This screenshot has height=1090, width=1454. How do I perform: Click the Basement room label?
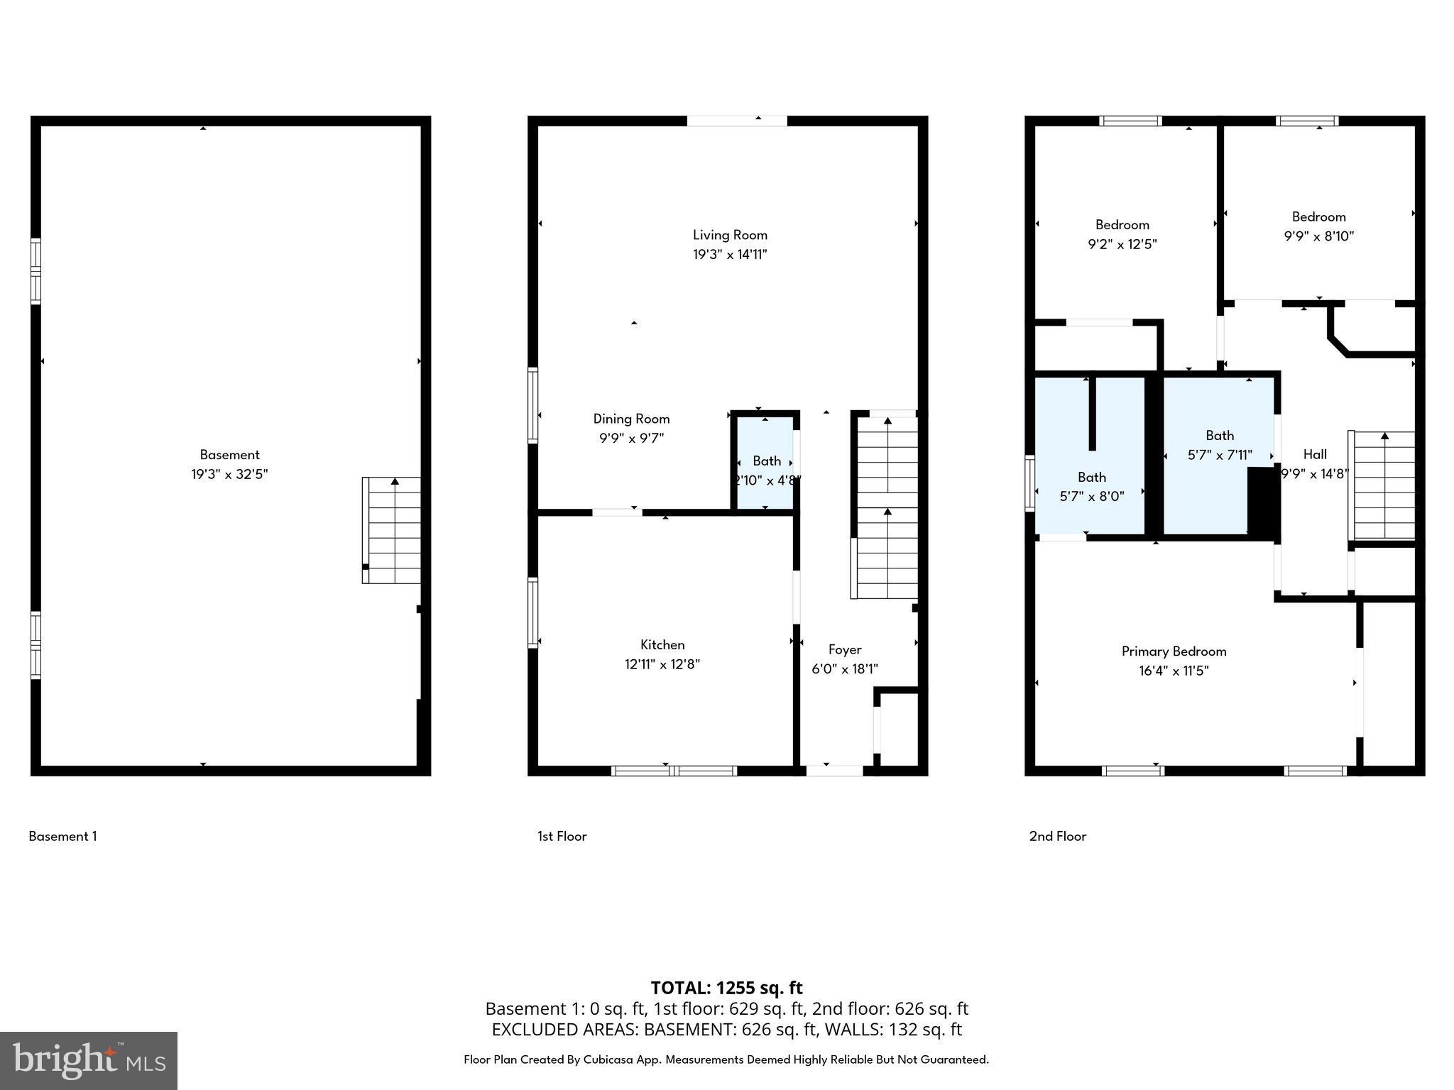click(x=229, y=455)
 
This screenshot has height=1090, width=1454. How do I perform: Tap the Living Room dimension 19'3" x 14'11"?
click(x=730, y=255)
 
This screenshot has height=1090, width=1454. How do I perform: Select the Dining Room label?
click(x=631, y=419)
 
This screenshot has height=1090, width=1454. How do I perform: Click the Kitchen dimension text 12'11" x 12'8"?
click(x=662, y=665)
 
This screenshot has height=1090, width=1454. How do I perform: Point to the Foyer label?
click(x=845, y=649)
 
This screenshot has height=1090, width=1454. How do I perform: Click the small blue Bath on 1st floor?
click(x=765, y=462)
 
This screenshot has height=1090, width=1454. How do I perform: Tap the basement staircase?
click(x=392, y=529)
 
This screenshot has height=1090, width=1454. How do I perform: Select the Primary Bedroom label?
click(x=1174, y=651)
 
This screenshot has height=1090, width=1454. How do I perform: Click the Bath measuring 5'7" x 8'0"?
click(x=1091, y=487)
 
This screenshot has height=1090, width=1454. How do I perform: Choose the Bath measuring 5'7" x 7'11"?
click(x=1219, y=445)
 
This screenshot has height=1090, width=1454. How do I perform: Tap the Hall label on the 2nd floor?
click(x=1314, y=455)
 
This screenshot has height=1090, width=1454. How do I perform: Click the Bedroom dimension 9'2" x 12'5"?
click(x=1122, y=245)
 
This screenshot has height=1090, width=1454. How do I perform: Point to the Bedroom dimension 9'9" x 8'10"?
click(x=1318, y=236)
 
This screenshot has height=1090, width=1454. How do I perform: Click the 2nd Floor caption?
click(x=1057, y=837)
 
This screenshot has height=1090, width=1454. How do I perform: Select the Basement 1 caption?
click(x=62, y=837)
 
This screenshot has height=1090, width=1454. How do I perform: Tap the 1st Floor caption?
click(x=562, y=837)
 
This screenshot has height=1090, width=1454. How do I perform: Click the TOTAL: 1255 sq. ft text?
click(x=726, y=988)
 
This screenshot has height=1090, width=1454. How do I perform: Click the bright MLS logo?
click(x=89, y=1060)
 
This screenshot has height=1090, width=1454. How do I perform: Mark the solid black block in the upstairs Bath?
click(x=1263, y=502)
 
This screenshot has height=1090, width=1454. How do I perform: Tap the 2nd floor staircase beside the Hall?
click(x=1383, y=485)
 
